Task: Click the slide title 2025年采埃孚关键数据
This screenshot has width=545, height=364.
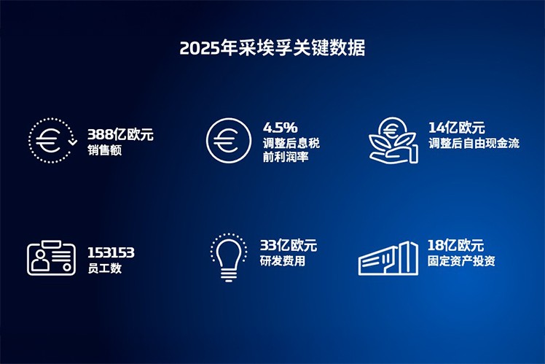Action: tap(272, 48)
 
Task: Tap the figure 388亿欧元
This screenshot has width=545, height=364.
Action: tap(121, 134)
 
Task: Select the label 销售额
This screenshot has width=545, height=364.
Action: tap(105, 150)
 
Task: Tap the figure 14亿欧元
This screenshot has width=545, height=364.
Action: tap(455, 127)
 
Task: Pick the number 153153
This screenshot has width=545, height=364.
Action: tap(111, 252)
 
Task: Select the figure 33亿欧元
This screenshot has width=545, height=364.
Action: tap(289, 245)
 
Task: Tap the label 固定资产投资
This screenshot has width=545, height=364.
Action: tap(461, 261)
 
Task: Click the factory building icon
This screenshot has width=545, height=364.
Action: tap(388, 258)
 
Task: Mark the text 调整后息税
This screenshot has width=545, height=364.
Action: tap(290, 143)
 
